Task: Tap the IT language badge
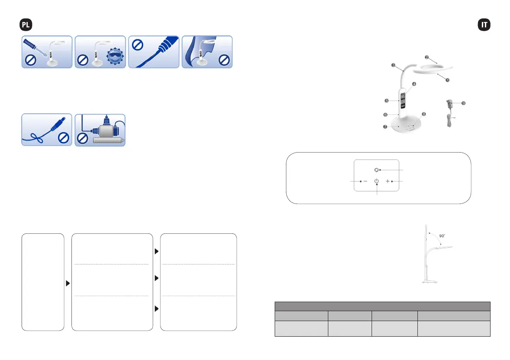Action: [x=484, y=25]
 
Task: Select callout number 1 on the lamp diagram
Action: [x=448, y=80]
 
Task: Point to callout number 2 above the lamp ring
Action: [x=427, y=57]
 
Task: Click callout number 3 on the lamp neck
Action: [x=393, y=65]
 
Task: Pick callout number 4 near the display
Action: [x=414, y=84]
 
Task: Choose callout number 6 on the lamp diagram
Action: [x=385, y=115]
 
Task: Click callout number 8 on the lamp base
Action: [x=424, y=114]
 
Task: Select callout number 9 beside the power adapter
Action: [x=463, y=103]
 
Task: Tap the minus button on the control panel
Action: [x=366, y=181]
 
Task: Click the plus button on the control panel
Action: [x=388, y=181]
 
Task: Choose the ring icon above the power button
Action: [x=376, y=169]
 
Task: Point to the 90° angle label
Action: [x=443, y=236]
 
